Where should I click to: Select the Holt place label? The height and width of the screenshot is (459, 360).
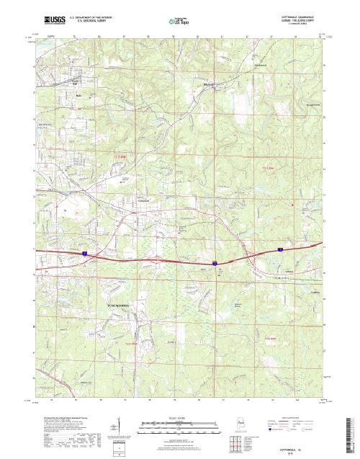tap(78, 94)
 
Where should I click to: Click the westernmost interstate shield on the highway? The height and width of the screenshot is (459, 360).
tap(84, 254)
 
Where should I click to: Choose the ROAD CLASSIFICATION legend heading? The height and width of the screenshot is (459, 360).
tap(294, 417)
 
